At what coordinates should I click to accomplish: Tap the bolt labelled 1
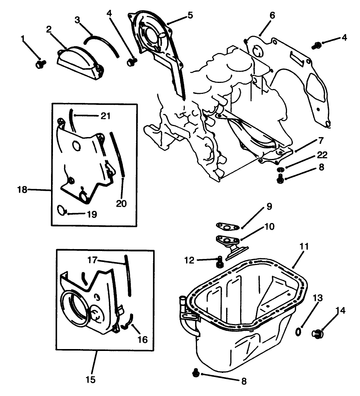tap(40, 64)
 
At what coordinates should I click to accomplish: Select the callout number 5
tap(190, 16)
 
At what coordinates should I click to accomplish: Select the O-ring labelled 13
tap(298, 332)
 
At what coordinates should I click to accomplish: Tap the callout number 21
tap(105, 116)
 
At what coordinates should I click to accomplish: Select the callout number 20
tap(121, 203)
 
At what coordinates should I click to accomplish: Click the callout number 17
tap(93, 260)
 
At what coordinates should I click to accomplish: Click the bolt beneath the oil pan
tap(196, 373)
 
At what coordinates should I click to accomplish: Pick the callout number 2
tap(49, 29)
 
